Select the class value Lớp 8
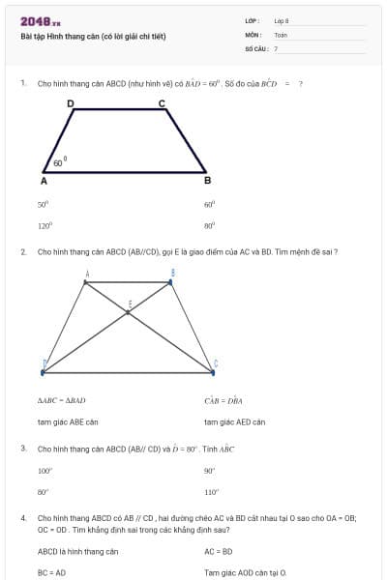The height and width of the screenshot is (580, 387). coord(282,21)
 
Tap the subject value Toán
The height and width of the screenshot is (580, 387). coord(281,35)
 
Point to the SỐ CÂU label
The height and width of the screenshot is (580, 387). coord(255,47)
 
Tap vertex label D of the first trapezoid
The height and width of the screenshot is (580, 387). coord(70,102)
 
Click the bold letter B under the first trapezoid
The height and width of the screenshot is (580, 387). coord(206,181)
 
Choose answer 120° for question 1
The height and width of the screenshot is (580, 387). coord(44,224)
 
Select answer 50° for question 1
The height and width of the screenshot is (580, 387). coord(43,204)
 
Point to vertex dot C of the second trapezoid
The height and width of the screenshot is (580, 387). coord(213,369)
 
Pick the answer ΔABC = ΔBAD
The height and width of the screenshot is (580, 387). coord(62,399)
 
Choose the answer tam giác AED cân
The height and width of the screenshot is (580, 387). coord(234,421)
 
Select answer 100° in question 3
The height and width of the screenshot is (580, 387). coord(45,471)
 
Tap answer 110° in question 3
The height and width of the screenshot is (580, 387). coord(211,491)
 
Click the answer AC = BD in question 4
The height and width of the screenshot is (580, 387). coord(219,551)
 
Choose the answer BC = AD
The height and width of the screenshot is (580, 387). coord(52,572)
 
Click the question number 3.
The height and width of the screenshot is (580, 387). coord(23,449)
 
